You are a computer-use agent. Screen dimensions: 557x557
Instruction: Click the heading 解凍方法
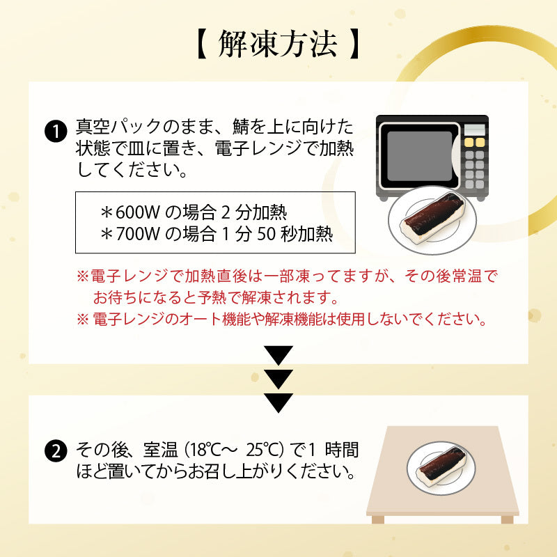coord(277,44)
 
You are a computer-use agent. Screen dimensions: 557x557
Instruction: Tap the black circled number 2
coord(56,451)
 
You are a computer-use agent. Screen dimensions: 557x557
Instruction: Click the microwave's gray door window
coord(419,156)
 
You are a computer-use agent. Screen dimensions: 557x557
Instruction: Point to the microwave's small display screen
coord(475,130)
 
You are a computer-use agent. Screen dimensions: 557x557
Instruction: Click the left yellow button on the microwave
coord(469,143)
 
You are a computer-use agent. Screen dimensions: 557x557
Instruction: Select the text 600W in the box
coord(138,212)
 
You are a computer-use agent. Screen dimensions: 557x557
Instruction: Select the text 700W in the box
coord(138,234)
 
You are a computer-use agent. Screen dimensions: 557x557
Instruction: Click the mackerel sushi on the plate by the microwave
coord(433,217)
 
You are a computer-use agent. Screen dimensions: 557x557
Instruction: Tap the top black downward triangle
coord(278,355)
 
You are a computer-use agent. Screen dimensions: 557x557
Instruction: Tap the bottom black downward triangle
coord(278,403)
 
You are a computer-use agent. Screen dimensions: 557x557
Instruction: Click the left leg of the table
coord(378,519)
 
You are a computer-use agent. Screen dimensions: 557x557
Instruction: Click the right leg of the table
coord(508,519)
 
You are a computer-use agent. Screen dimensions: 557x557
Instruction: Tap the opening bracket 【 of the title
coord(202,44)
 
